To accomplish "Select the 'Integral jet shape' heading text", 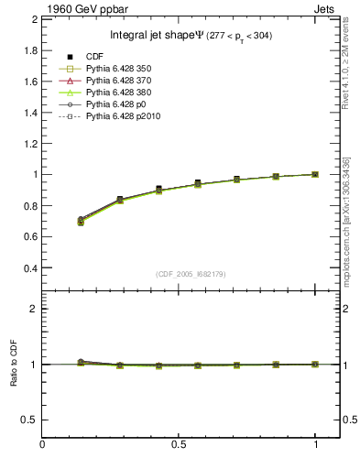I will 143,36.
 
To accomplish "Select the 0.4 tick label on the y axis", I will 27,268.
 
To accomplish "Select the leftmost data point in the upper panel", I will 81,220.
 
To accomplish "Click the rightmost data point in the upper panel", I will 316,174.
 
